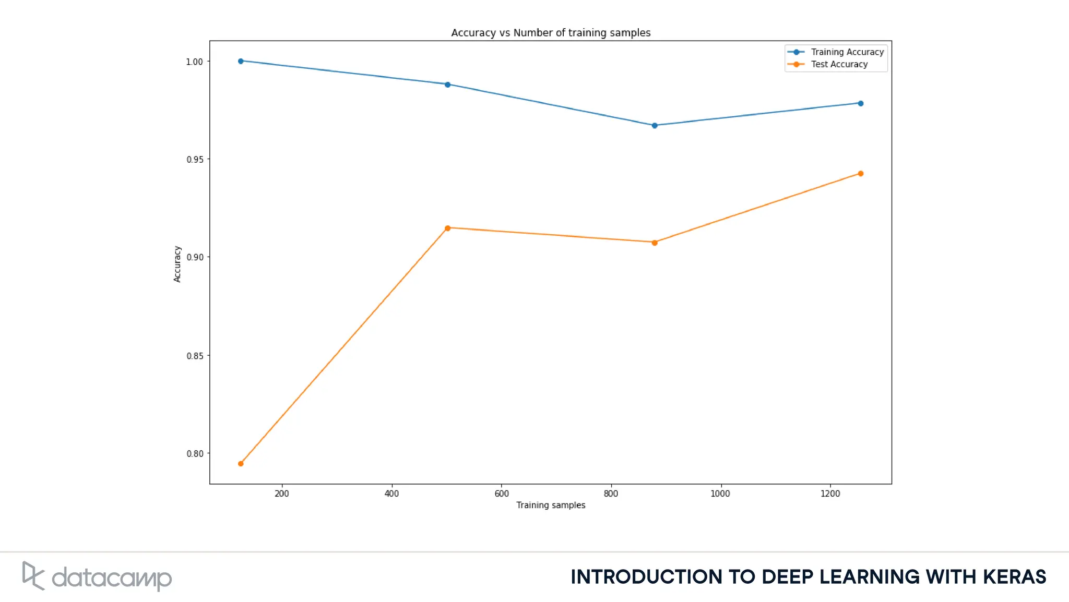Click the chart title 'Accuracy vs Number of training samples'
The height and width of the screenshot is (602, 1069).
pyautogui.click(x=551, y=33)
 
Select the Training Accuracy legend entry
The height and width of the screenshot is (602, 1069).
pyautogui.click(x=846, y=52)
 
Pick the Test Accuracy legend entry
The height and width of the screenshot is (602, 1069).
pyautogui.click(x=838, y=65)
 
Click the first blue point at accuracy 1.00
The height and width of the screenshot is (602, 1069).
pyautogui.click(x=241, y=61)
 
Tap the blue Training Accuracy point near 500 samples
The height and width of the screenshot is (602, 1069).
pyautogui.click(x=447, y=85)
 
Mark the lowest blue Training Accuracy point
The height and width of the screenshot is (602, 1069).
pyautogui.click(x=655, y=126)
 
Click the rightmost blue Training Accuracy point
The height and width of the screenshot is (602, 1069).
pyautogui.click(x=861, y=103)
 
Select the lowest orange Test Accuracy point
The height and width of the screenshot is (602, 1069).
pyautogui.click(x=241, y=464)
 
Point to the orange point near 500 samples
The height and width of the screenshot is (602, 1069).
pyautogui.click(x=447, y=228)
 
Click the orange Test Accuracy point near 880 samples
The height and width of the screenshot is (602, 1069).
pyautogui.click(x=655, y=243)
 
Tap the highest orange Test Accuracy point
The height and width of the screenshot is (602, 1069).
pyautogui.click(x=861, y=174)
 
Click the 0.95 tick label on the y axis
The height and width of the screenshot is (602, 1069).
pyautogui.click(x=195, y=160)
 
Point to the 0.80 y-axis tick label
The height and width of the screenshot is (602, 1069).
pyautogui.click(x=195, y=454)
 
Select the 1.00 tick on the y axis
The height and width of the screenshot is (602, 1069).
pyautogui.click(x=195, y=62)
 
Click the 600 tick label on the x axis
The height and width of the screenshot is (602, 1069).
pyautogui.click(x=501, y=493)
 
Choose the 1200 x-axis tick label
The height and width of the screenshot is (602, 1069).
pyautogui.click(x=830, y=493)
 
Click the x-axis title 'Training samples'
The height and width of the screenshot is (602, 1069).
pyautogui.click(x=551, y=505)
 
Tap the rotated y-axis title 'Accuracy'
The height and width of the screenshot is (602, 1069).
pyautogui.click(x=177, y=264)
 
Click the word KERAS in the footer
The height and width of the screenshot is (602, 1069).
pyautogui.click(x=1014, y=577)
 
